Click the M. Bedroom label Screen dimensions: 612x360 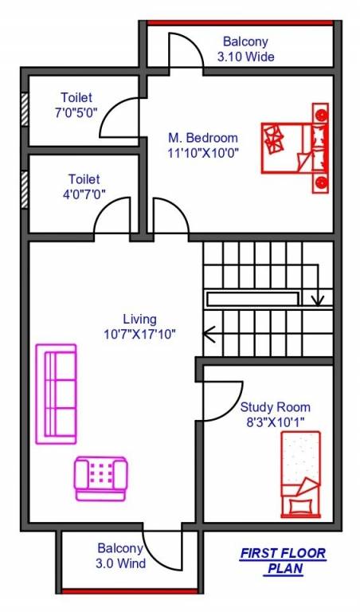(x=203, y=136)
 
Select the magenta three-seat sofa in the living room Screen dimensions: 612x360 (x=57, y=394)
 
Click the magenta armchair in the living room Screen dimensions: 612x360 (x=100, y=475)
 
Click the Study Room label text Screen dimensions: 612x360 (x=276, y=406)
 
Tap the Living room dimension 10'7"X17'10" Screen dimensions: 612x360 (x=139, y=334)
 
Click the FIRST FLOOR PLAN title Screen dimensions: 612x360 (x=283, y=560)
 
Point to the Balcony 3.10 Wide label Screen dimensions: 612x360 (x=245, y=49)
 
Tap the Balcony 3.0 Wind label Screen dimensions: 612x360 (x=120, y=555)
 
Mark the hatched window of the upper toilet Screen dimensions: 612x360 (x=25, y=107)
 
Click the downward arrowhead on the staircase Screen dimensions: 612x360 (x=319, y=300)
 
